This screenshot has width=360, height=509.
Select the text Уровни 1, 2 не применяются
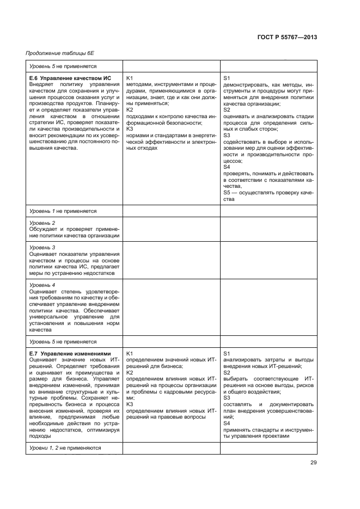[65, 447]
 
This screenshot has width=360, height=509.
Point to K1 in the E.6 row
[130, 78]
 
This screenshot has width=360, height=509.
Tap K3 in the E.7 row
[130, 404]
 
